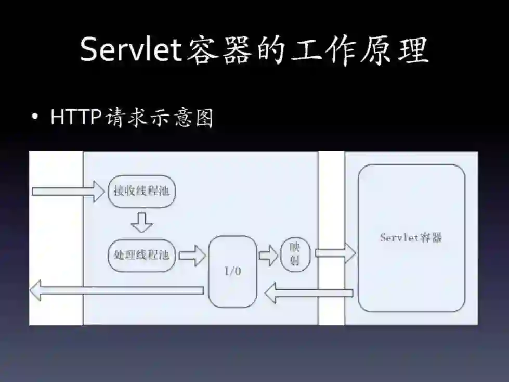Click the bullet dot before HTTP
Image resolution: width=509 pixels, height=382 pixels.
coord(35,118)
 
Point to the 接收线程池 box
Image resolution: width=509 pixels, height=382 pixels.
coord(141,191)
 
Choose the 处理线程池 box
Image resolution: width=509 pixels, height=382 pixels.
coord(141,255)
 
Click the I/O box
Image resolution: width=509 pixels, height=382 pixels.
coord(232,271)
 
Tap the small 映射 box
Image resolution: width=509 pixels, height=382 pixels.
coord(295,255)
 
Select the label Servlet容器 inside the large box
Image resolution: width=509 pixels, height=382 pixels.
coord(411,238)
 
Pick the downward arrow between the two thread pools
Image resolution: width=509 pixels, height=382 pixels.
coord(141,222)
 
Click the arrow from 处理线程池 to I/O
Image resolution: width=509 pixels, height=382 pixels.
coord(192,255)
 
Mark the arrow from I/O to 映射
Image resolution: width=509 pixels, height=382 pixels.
coord(268,255)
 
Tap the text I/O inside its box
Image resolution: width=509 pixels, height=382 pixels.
coord(232,271)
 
